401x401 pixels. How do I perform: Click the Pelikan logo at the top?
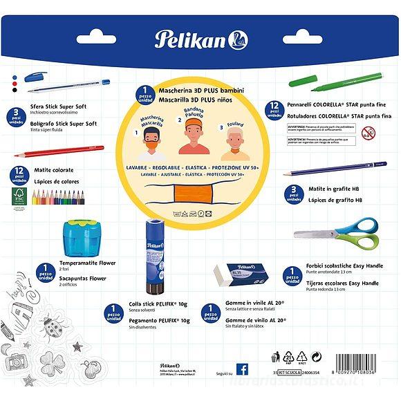[201, 39]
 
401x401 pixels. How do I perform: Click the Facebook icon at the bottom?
[242, 369]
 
